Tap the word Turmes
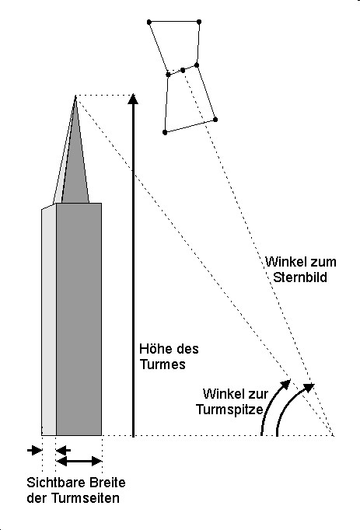pos(163,364)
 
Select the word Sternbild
pos(300,277)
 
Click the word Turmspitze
pos(229,410)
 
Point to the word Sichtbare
pos(51,483)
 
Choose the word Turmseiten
pos(86,498)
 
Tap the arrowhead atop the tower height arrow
pos(133,99)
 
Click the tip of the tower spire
pos(75,96)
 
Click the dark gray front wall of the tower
pos(79,319)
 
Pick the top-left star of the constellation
pos(149,23)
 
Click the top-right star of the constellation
pos(199,22)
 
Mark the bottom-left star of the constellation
pos(165,132)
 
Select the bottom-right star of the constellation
pos(215,120)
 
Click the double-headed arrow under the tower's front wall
pos(79,461)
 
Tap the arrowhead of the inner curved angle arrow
pos(286,384)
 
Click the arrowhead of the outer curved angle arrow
pos(309,387)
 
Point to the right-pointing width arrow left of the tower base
pos(34,450)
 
